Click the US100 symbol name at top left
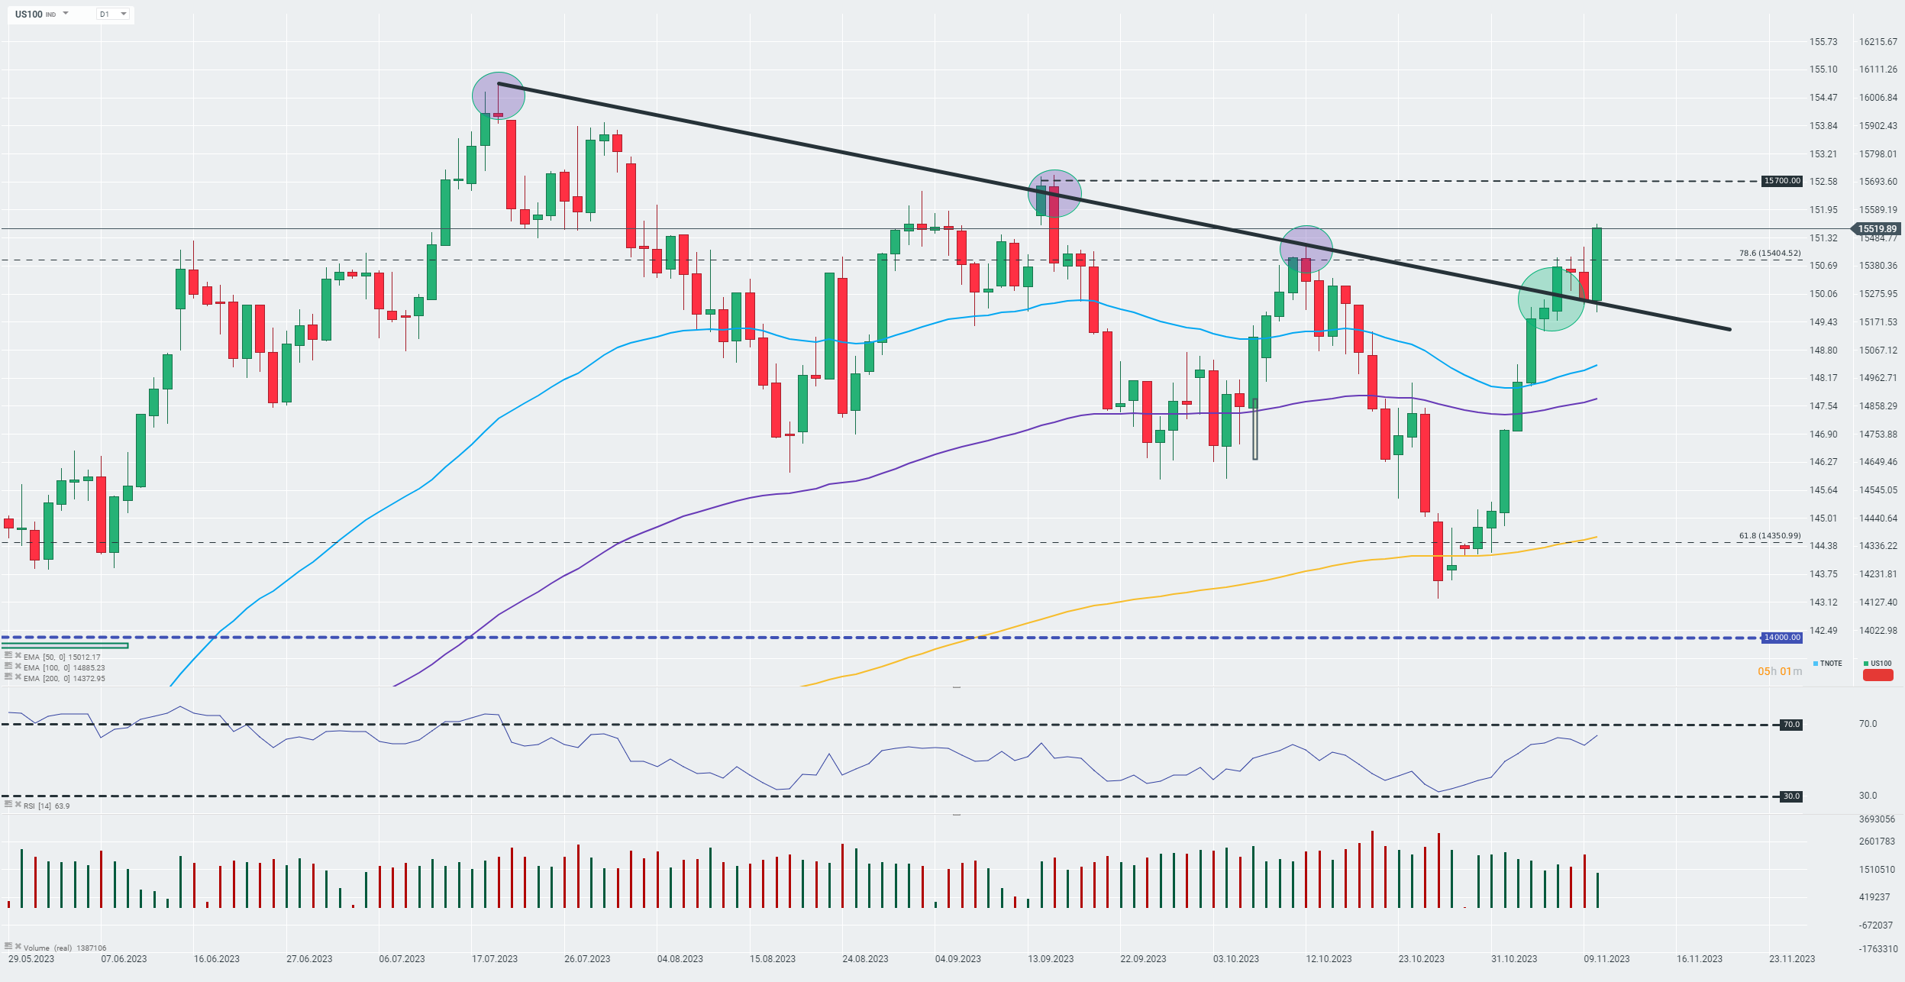tap(29, 14)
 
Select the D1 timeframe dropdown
tap(112, 14)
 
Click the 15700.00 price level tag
tap(1782, 181)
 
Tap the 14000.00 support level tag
tap(1782, 638)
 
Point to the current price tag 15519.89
tap(1877, 228)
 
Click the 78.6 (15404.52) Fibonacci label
tap(1769, 253)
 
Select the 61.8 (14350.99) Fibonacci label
tap(1769, 536)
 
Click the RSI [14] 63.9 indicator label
tap(46, 806)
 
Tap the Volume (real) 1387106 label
tap(64, 948)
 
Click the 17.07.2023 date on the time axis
tap(495, 959)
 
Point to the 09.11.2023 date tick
tap(1606, 959)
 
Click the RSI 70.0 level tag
tap(1791, 725)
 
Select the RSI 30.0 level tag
tap(1791, 796)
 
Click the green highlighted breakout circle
tap(1551, 299)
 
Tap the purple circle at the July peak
tap(499, 96)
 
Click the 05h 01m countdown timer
tap(1779, 671)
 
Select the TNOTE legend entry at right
tap(1830, 664)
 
